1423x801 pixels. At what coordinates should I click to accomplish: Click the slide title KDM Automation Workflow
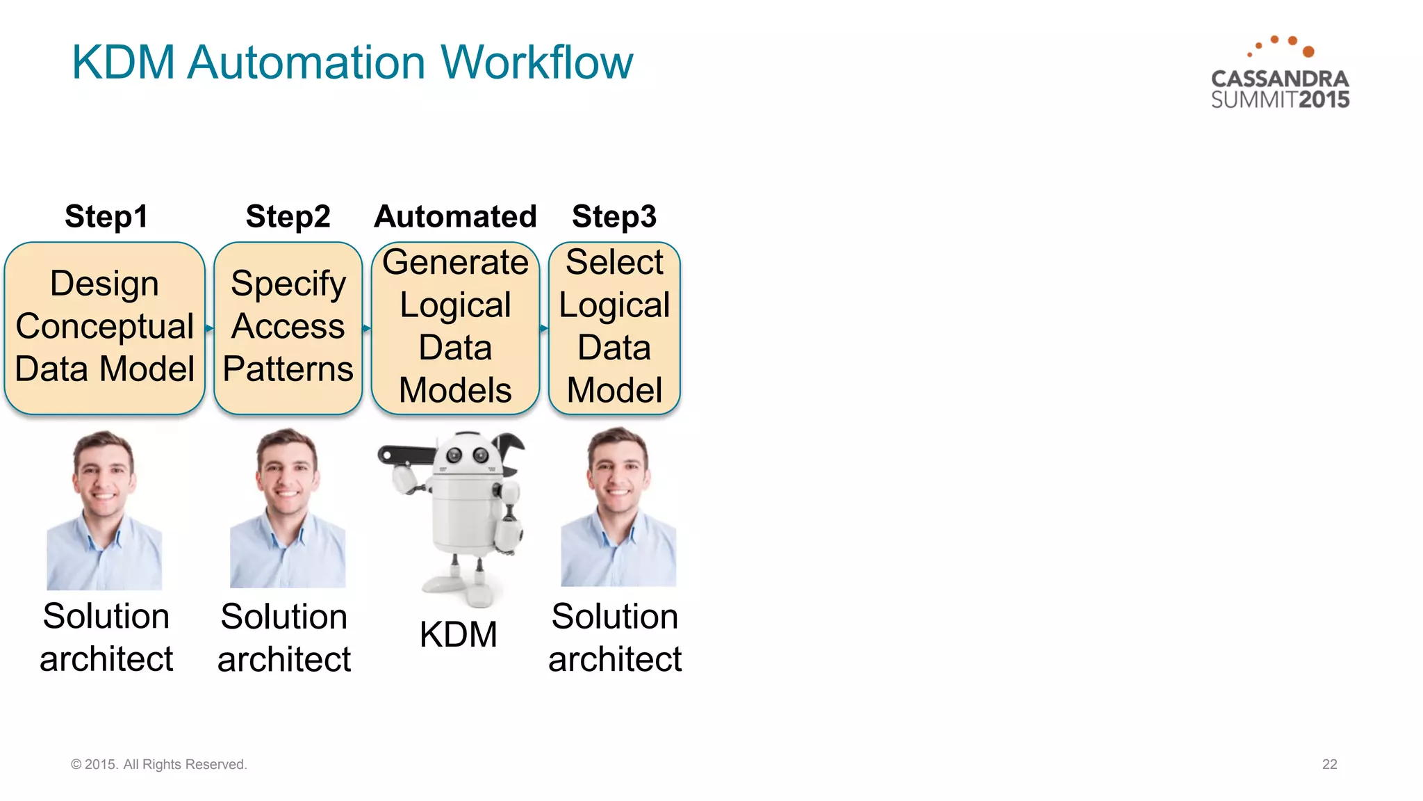[352, 63]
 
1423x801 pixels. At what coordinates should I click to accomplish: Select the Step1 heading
[106, 216]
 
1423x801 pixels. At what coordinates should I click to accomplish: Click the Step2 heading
[288, 216]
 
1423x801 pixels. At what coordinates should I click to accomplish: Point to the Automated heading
[455, 216]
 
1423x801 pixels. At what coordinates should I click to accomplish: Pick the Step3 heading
[614, 216]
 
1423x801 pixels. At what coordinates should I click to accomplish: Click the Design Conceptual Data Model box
[104, 327]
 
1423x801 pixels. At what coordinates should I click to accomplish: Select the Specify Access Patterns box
[288, 327]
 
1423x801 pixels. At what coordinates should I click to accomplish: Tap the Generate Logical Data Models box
[455, 327]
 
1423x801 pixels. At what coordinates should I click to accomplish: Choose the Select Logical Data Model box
[614, 327]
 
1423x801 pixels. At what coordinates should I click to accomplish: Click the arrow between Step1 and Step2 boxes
[209, 327]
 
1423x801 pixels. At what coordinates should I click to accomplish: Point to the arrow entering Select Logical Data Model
[544, 327]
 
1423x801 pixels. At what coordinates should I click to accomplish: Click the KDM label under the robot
[458, 634]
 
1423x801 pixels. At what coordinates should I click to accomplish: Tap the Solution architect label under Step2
[283, 638]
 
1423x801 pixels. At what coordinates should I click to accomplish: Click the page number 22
[1329, 764]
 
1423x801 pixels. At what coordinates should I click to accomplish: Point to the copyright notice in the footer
[158, 764]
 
